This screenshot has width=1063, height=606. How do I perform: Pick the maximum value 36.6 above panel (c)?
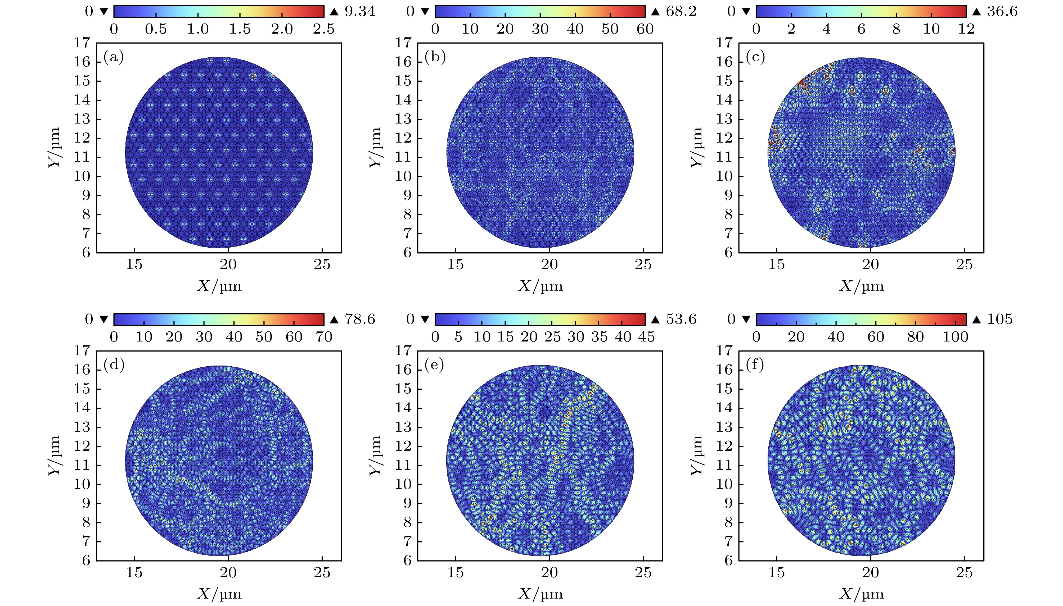point(1002,11)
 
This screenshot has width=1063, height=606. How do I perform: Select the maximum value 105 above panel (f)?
point(1000,319)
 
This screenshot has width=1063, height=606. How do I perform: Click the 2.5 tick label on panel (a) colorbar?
point(323,29)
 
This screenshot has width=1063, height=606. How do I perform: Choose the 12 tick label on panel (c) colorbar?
point(966,29)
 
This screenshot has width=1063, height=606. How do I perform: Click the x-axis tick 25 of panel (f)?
point(964,573)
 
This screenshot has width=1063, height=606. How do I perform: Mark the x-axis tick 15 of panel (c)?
point(777,265)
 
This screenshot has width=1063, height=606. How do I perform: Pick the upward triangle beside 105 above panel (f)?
point(976,320)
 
